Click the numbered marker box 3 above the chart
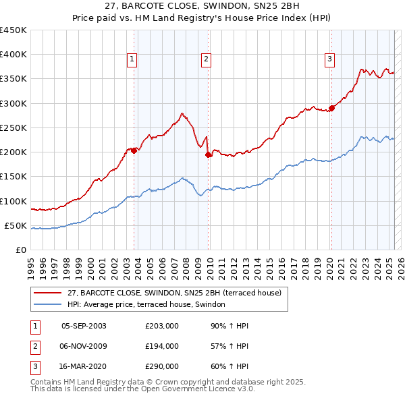tap(329, 59)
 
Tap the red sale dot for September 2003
tap(134, 150)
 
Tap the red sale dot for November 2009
tap(209, 155)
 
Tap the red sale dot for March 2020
tap(331, 108)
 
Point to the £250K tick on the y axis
tap(13, 127)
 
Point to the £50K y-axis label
tap(16, 225)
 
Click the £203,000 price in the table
tap(161, 326)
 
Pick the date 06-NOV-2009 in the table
tap(84, 346)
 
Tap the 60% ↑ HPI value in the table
tap(230, 366)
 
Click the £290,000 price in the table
tap(161, 366)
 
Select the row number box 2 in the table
tap(34, 346)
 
